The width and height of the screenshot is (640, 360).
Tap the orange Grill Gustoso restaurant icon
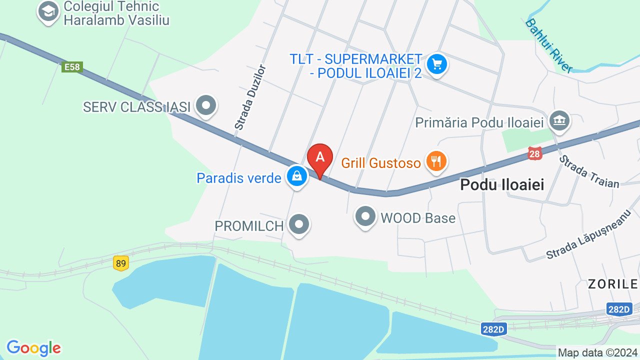[436, 161]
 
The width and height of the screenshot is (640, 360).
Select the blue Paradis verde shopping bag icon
[297, 176]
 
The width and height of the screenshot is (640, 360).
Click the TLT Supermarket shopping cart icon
[437, 64]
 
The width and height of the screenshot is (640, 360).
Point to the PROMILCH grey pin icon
[299, 224]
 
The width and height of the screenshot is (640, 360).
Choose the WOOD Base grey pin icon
[365, 217]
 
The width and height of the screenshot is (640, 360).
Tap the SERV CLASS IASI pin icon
[205, 105]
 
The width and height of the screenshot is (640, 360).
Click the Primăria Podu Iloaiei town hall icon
[559, 120]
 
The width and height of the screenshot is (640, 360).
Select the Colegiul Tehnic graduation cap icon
[48, 12]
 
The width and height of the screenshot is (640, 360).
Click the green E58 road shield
[72, 67]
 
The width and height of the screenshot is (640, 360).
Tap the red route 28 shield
[534, 153]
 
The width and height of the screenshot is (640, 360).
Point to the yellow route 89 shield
[120, 263]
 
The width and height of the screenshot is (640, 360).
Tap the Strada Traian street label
[588, 171]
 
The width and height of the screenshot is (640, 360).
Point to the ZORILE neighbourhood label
[612, 284]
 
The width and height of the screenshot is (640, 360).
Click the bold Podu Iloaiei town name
[501, 184]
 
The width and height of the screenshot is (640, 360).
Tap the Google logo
[33, 347]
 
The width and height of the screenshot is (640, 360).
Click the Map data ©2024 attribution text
[597, 352]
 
